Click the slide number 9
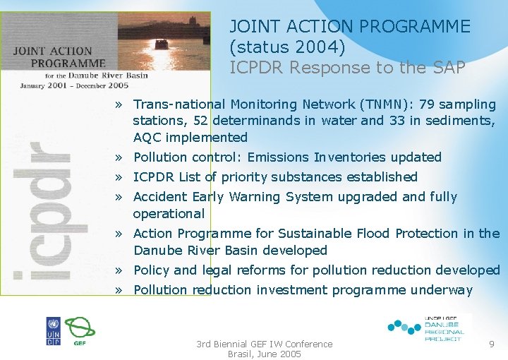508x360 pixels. point(491,343)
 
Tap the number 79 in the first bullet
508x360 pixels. point(428,104)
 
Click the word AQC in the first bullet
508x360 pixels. point(147,138)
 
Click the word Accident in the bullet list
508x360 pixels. point(158,197)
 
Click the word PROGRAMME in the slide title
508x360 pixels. point(414,27)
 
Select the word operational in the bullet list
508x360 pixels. point(169,214)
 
